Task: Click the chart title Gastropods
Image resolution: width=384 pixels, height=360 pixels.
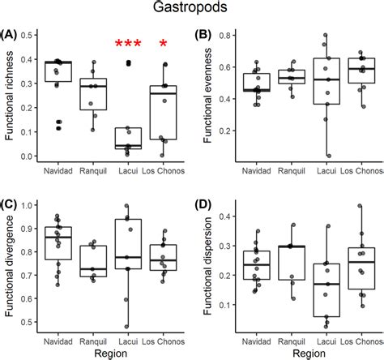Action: pyautogui.click(x=192, y=9)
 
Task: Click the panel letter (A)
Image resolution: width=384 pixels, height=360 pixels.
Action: pyautogui.click(x=10, y=35)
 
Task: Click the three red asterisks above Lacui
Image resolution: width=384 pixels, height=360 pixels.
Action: pyautogui.click(x=128, y=45)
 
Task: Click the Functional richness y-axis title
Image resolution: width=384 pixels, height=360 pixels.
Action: pyautogui.click(x=11, y=97)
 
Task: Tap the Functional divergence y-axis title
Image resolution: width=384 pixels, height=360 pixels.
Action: pyautogui.click(x=11, y=265)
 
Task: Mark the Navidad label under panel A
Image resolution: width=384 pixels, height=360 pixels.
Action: pyautogui.click(x=58, y=172)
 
